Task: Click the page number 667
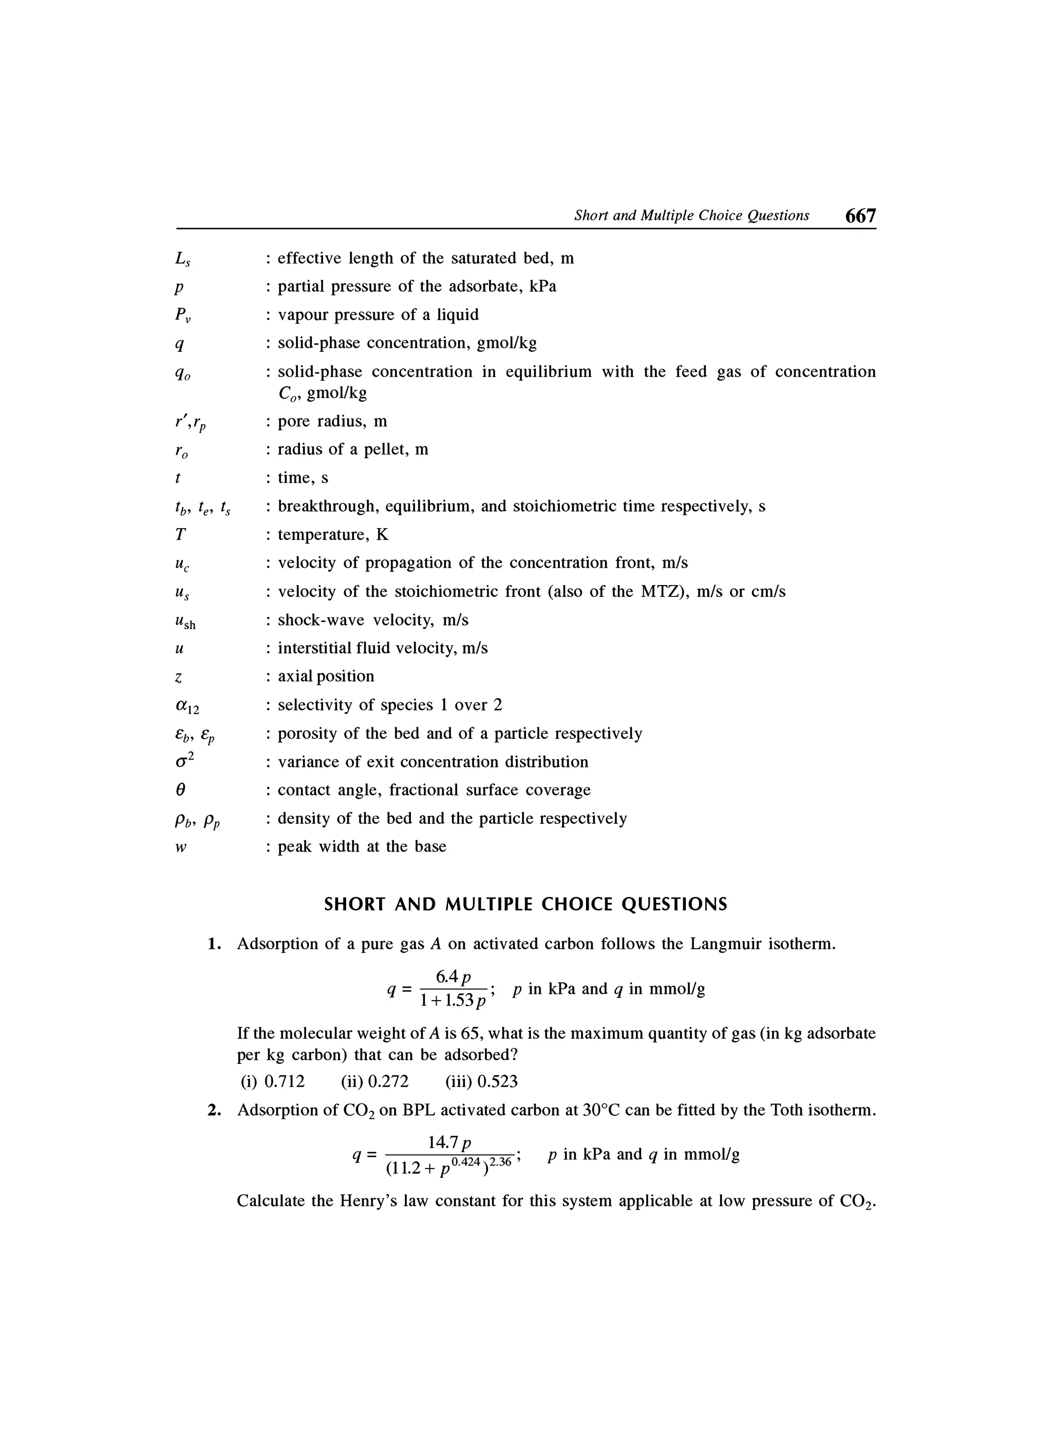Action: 860,216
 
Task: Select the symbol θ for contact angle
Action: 180,791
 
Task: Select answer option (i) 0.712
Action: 272,1081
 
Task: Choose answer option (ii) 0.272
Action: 374,1081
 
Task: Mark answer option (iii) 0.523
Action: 481,1081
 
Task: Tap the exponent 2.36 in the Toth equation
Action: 503,1162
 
